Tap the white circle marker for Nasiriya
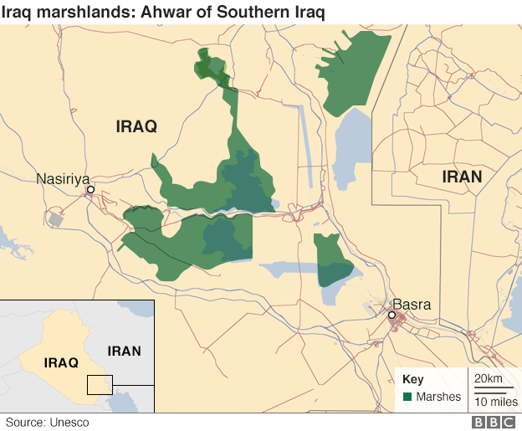click(x=90, y=191)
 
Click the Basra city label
click(x=412, y=305)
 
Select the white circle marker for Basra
click(x=391, y=316)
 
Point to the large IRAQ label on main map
click(x=136, y=126)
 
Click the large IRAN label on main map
click(x=462, y=177)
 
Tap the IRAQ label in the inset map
click(x=61, y=363)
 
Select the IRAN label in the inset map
click(x=125, y=351)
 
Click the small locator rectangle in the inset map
click(x=100, y=384)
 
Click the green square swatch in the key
click(x=407, y=397)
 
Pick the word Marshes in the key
click(x=438, y=397)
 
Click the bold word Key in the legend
click(x=413, y=379)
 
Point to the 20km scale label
click(x=489, y=379)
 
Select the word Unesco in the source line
click(x=69, y=423)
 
